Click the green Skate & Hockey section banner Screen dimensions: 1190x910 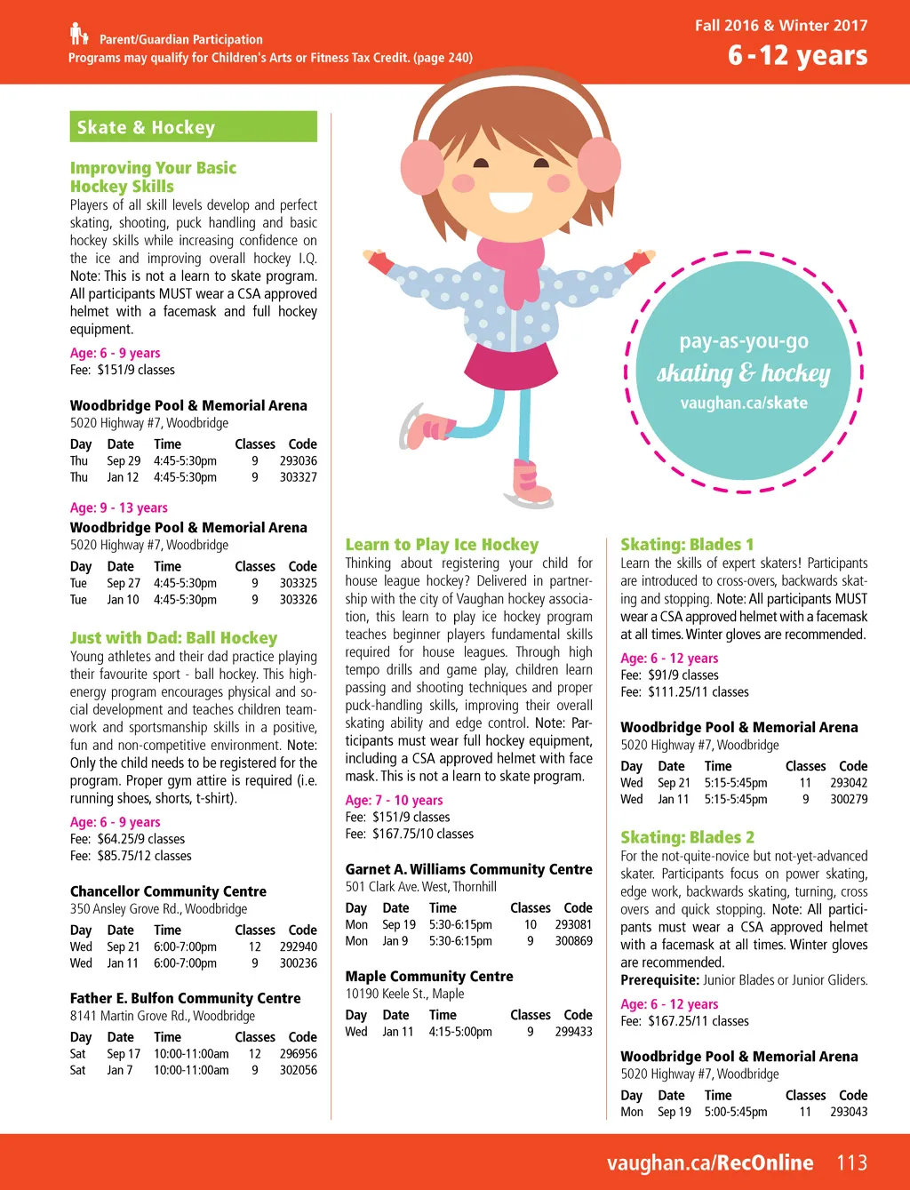pyautogui.click(x=193, y=127)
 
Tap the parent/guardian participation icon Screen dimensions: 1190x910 pyautogui.click(x=79, y=35)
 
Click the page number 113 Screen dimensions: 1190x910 pyautogui.click(x=851, y=1162)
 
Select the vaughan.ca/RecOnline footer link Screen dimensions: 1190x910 pyautogui.click(x=710, y=1162)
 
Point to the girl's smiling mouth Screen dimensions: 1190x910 pyautogui.click(x=510, y=201)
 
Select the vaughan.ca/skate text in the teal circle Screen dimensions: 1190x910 pyautogui.click(x=744, y=403)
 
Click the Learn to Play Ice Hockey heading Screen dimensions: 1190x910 pyautogui.click(x=442, y=545)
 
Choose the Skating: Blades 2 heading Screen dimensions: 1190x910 pyautogui.click(x=687, y=837)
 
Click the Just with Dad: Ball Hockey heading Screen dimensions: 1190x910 pyautogui.click(x=173, y=638)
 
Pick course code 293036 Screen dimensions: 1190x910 pyautogui.click(x=298, y=461)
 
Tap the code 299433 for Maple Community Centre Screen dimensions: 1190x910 pyautogui.click(x=573, y=1032)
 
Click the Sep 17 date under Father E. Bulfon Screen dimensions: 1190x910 pyautogui.click(x=124, y=1054)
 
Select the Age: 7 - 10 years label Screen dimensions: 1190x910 pyautogui.click(x=394, y=800)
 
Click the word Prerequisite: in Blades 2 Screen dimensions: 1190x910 pyautogui.click(x=659, y=980)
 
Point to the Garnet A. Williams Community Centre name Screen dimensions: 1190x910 pyautogui.click(x=468, y=869)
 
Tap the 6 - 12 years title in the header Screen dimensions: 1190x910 pyautogui.click(x=797, y=56)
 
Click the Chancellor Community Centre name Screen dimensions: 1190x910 pyautogui.click(x=168, y=891)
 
